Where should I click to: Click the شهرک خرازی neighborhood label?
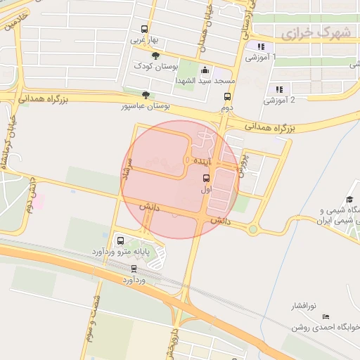pyautogui.click(x=314, y=33)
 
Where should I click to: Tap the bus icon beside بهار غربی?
pyautogui.click(x=144, y=30)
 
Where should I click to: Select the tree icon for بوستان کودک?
pyautogui.click(x=155, y=55)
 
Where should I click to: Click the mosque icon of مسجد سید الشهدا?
pyautogui.click(x=205, y=70)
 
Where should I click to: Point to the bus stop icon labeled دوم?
pyautogui.click(x=227, y=97)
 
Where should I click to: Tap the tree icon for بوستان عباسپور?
pyautogui.click(x=145, y=94)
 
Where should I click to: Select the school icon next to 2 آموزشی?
pyautogui.click(x=279, y=89)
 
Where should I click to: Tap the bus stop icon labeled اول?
pyautogui.click(x=206, y=178)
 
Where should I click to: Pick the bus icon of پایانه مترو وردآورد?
pyautogui.click(x=119, y=240)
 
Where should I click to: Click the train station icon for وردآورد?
pyautogui.click(x=134, y=269)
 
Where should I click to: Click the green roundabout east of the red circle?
pyautogui.click(x=252, y=229)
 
